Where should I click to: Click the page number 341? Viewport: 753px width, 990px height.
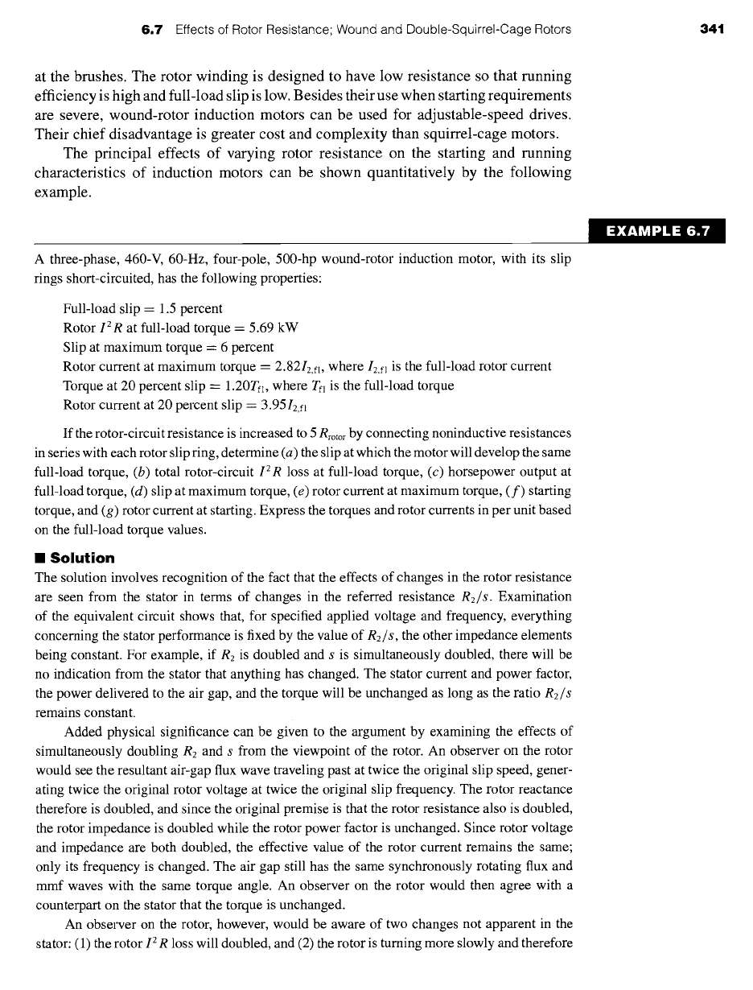point(712,30)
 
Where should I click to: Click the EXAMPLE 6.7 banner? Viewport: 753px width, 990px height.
point(657,232)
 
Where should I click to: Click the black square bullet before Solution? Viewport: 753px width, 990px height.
point(39,559)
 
